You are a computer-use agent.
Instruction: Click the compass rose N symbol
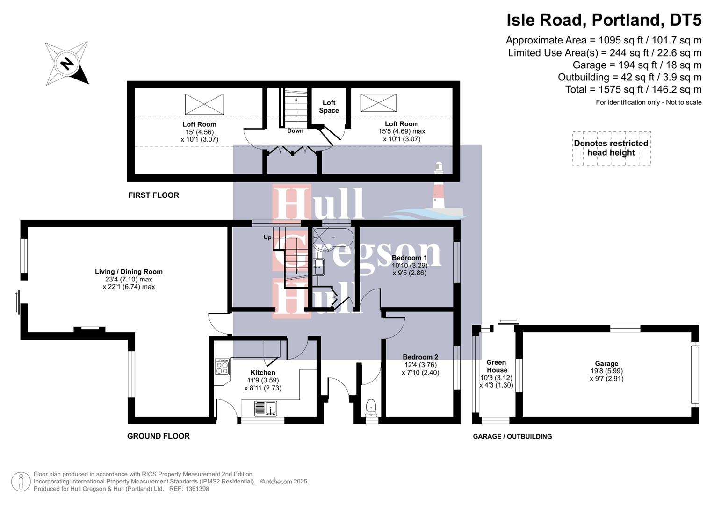[x=66, y=63]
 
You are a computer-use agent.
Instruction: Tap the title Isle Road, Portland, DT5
[x=604, y=20]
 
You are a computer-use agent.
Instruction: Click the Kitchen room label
[x=263, y=372]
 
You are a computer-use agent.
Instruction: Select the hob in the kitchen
[x=222, y=367]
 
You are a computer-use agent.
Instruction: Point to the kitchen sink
[x=266, y=408]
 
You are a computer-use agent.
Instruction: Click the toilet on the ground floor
[x=371, y=408]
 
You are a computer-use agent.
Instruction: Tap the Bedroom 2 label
[x=420, y=357]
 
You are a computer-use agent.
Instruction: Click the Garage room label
[x=606, y=363]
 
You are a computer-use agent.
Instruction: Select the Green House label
[x=497, y=366]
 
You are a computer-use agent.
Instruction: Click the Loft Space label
[x=329, y=107]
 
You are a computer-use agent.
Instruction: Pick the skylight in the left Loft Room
[x=204, y=104]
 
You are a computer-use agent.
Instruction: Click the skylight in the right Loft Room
[x=378, y=103]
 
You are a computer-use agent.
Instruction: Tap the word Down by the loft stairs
[x=295, y=131]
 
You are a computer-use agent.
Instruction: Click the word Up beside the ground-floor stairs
[x=267, y=238]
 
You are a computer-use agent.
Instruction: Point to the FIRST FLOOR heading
[x=154, y=195]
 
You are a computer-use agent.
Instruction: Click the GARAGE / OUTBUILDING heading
[x=512, y=436]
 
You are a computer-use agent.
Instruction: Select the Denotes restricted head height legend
[x=611, y=148]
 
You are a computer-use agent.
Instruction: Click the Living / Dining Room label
[x=129, y=272]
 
